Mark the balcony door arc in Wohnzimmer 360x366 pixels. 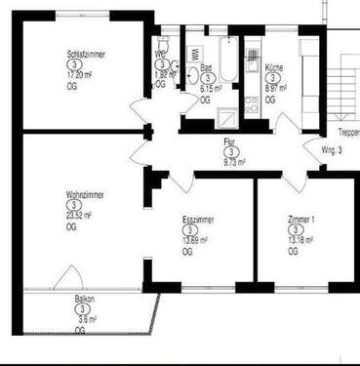pyautogui.click(x=68, y=277)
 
